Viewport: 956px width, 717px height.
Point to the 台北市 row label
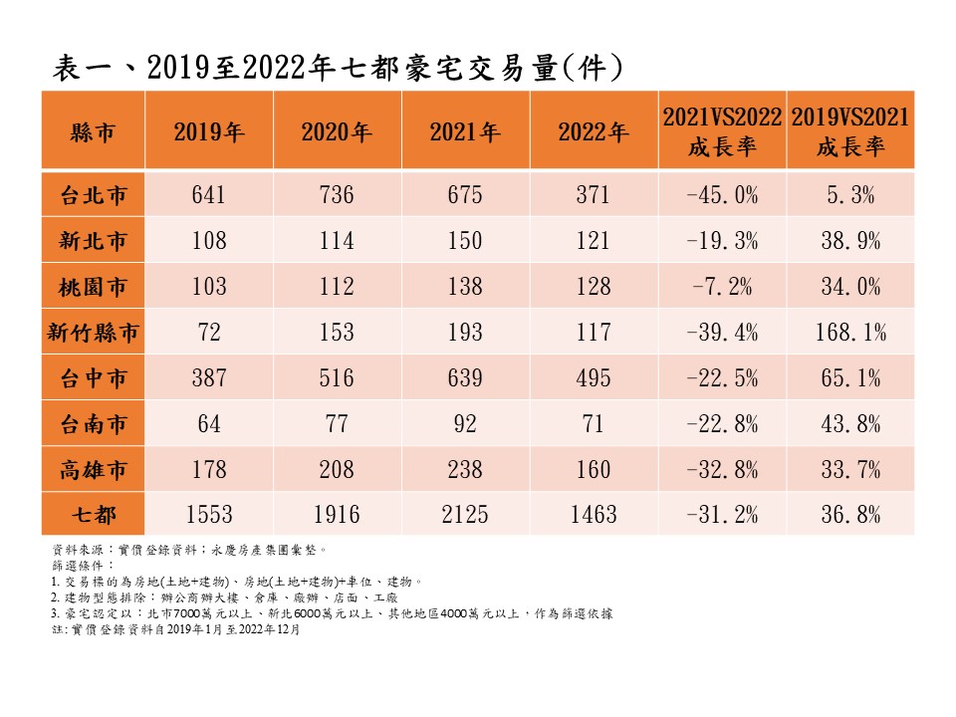(93, 195)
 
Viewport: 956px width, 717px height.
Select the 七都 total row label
(93, 514)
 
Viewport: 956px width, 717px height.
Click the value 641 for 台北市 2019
(209, 195)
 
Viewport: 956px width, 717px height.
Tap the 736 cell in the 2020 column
(337, 195)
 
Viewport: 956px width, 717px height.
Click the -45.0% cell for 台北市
(722, 195)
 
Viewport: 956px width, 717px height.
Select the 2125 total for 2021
(465, 514)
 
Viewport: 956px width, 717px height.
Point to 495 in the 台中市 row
(594, 378)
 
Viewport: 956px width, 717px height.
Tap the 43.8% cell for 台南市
(850, 424)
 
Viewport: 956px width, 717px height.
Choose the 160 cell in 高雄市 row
(594, 469)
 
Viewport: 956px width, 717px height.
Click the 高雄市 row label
(93, 469)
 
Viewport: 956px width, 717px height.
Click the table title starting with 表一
(339, 67)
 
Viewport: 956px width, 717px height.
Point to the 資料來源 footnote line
(189, 549)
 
